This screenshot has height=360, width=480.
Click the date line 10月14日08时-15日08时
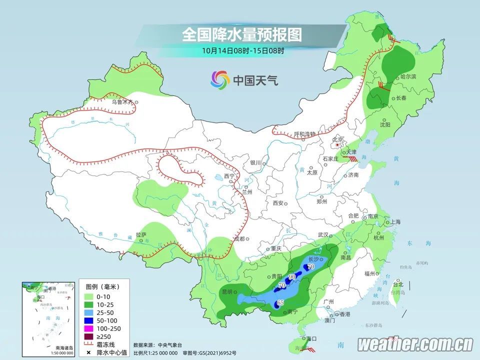point(243,50)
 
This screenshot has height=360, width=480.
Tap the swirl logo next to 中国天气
point(220,79)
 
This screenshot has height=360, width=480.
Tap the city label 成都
point(238,238)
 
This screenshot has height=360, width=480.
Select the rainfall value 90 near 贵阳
point(292,276)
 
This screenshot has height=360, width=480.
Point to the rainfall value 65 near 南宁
point(280,302)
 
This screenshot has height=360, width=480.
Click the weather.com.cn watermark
point(415,344)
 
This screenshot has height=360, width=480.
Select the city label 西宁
point(229,176)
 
